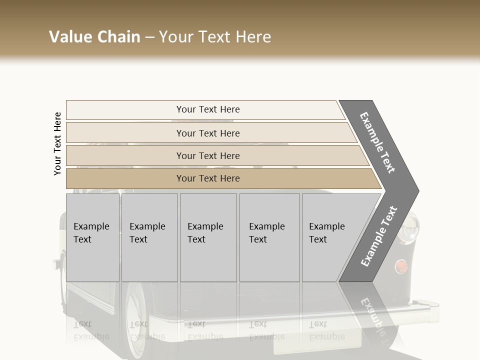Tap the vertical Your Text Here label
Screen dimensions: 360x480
pos(57,143)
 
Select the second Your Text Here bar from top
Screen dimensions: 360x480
pos(208,133)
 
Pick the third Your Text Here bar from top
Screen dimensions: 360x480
pos(208,155)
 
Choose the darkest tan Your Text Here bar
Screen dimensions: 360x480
pos(208,178)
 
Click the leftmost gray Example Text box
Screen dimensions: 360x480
pos(92,237)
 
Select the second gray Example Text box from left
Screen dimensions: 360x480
pos(149,237)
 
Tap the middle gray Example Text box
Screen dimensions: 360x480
pos(208,237)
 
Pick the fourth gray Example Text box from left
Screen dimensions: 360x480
pos(269,237)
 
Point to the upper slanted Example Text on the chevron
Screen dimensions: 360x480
pos(378,142)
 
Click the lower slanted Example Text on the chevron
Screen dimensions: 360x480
pos(379,236)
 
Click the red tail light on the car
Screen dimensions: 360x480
pos(400,266)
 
